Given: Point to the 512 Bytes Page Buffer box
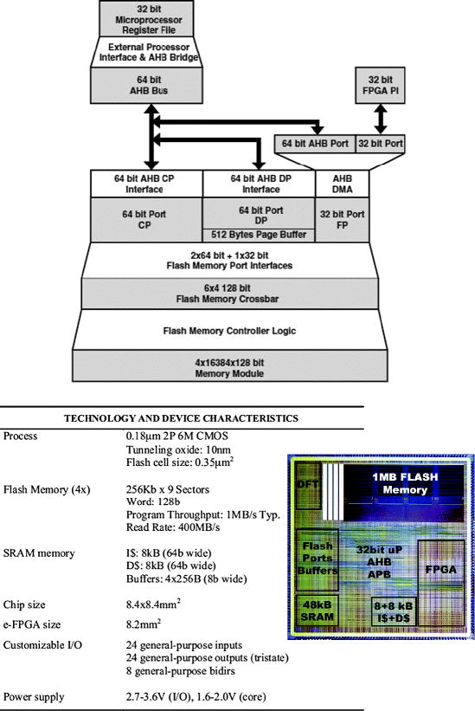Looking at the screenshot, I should (258, 233).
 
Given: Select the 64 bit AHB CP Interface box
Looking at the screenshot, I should (146, 183).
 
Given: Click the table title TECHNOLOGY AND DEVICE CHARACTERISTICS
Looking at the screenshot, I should (181, 418).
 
